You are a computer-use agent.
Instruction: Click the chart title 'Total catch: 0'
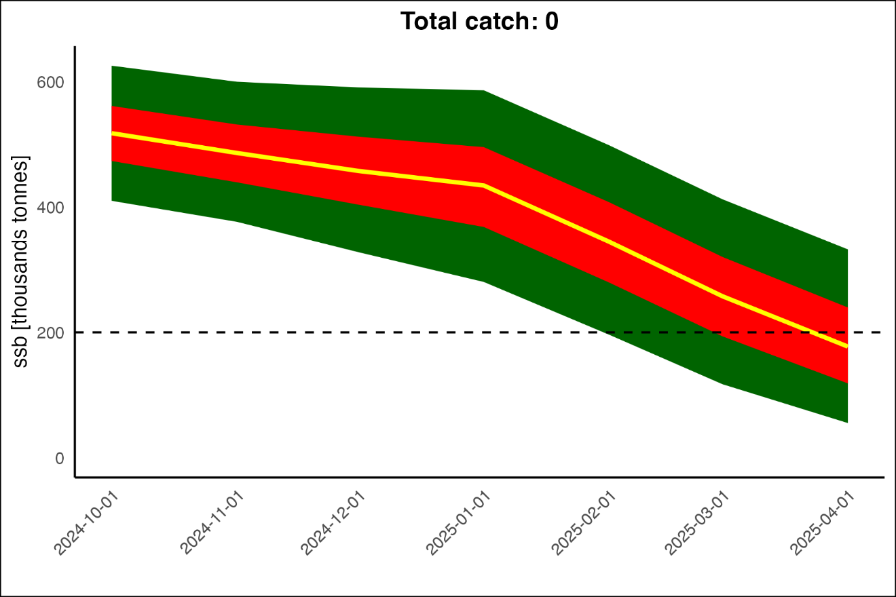[x=479, y=22]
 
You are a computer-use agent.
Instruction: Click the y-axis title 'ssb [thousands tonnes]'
[x=22, y=263]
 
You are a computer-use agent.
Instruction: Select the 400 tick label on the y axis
[x=50, y=208]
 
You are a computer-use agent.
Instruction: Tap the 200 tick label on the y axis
[x=50, y=333]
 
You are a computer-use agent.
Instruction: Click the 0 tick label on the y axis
[x=59, y=459]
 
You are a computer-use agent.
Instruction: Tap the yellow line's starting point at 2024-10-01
[x=113, y=134]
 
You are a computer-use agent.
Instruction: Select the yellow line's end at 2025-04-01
[x=847, y=346]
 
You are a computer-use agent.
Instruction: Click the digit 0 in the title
[x=551, y=22]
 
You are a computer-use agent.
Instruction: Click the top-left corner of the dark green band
[x=113, y=66]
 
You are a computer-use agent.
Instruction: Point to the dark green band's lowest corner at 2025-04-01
[x=847, y=422]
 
